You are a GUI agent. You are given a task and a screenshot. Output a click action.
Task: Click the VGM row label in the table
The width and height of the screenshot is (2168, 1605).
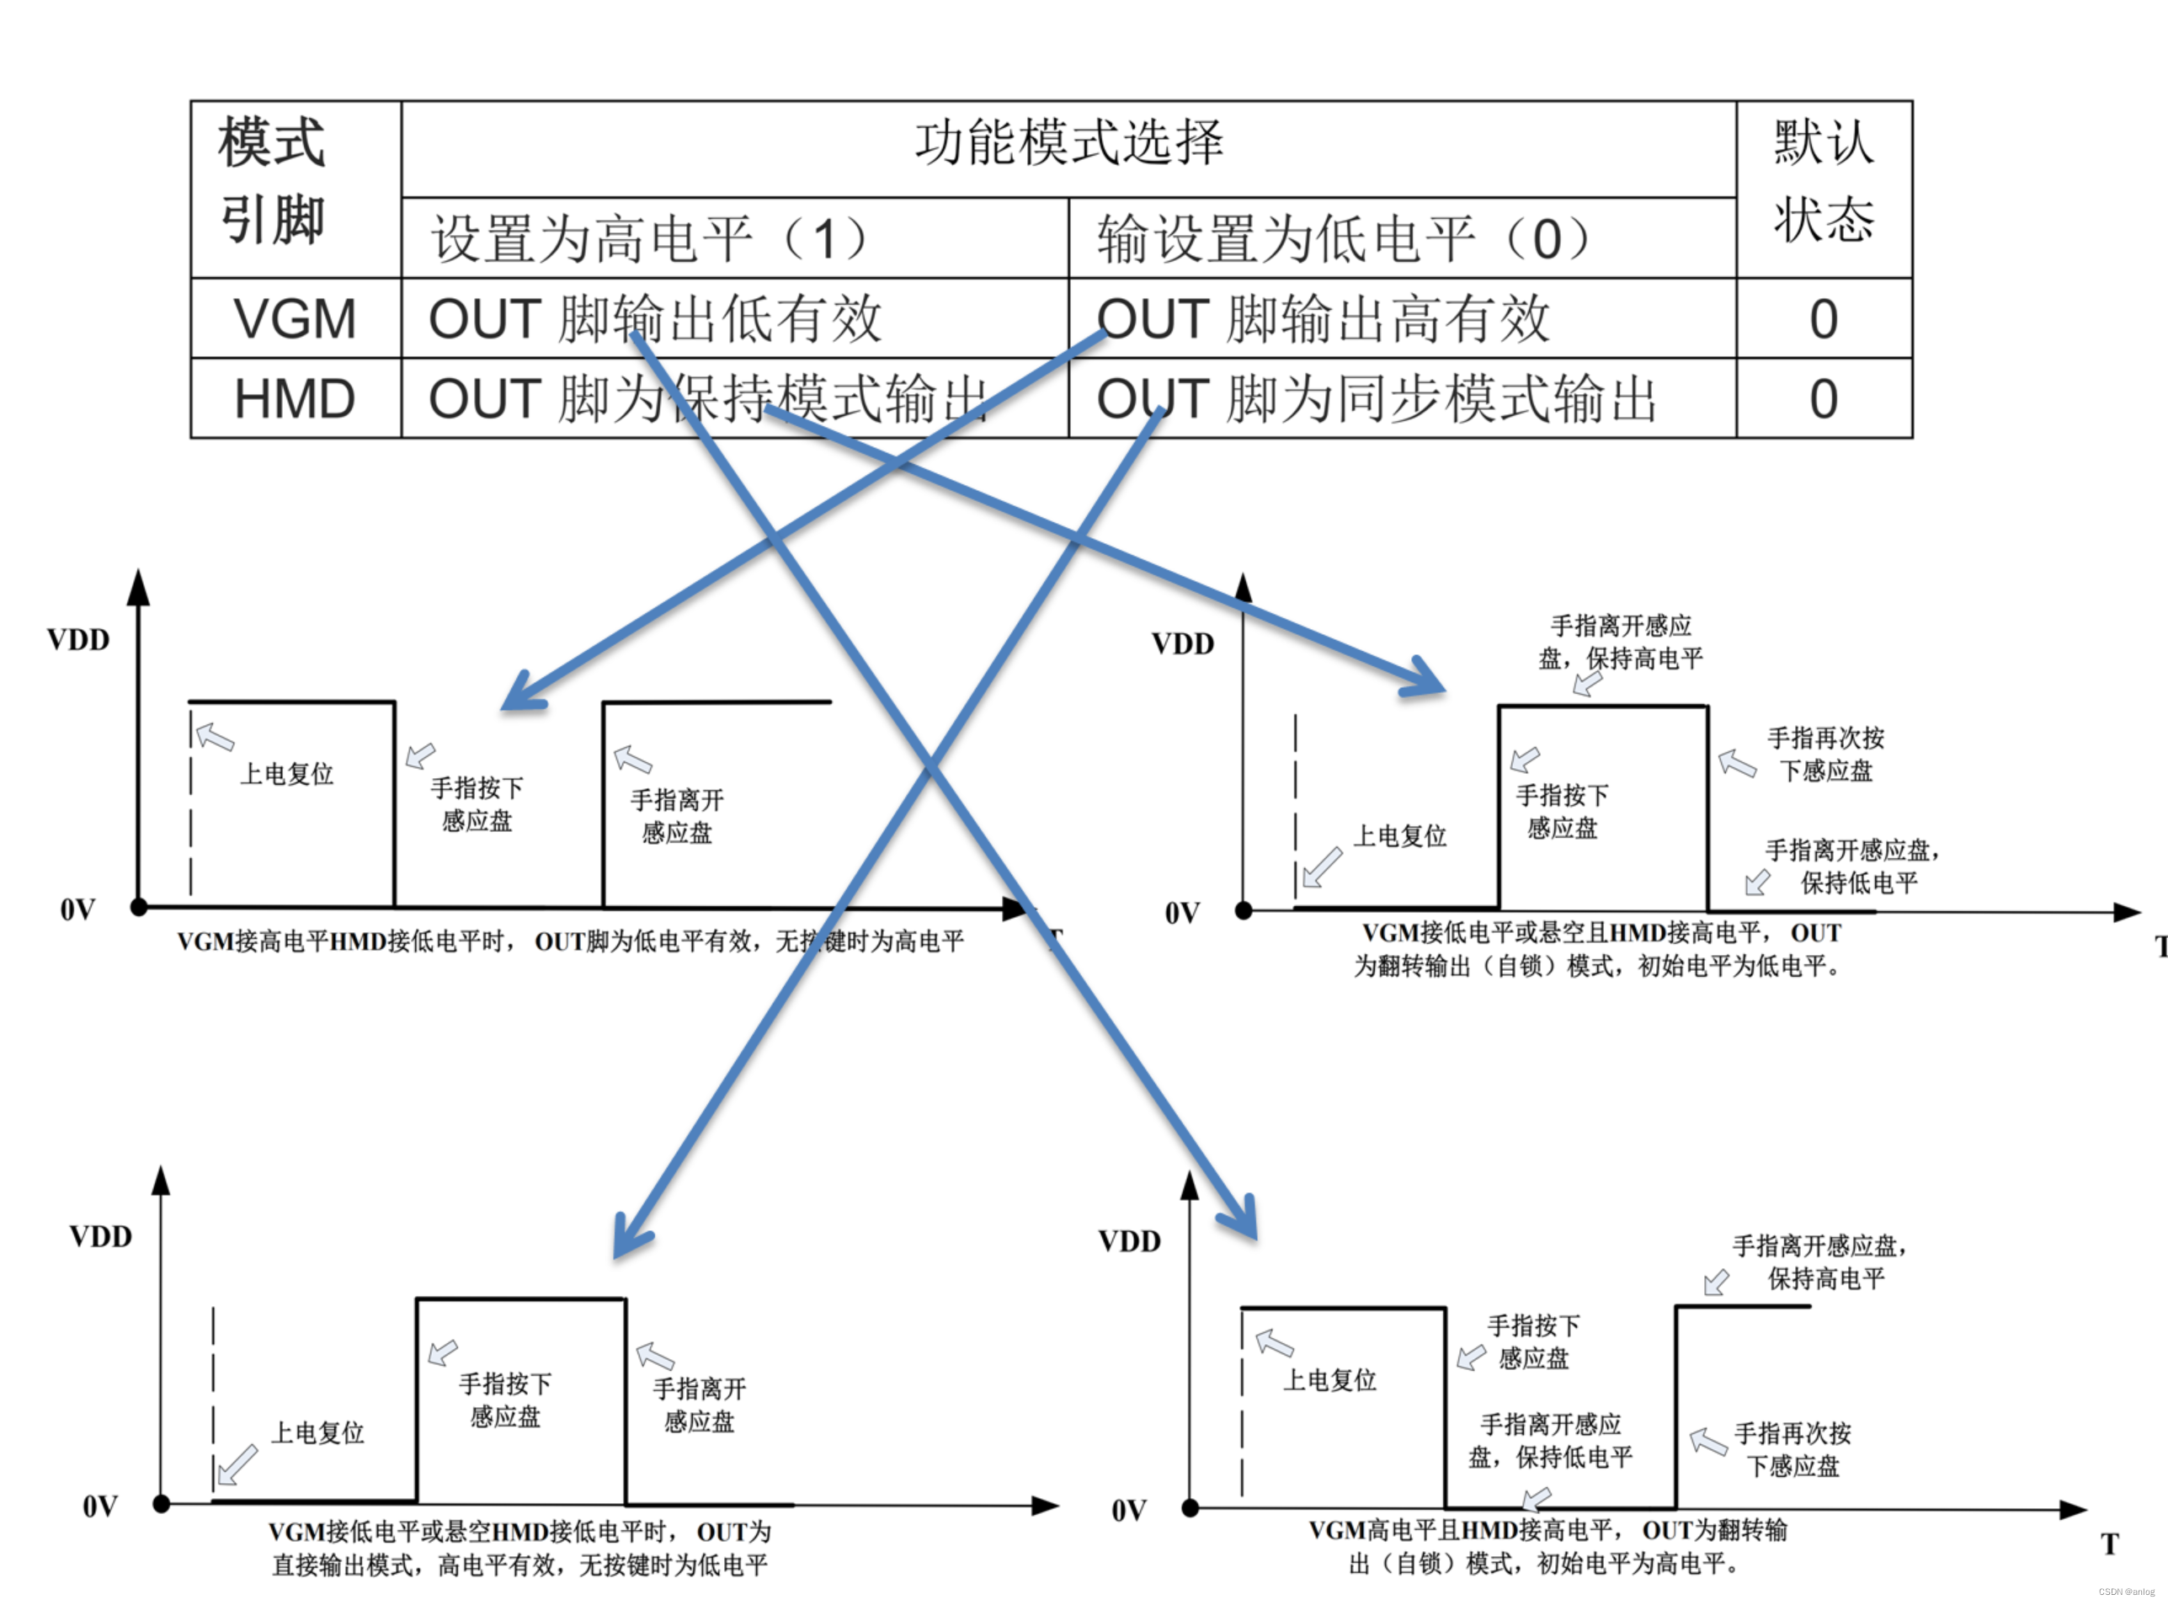click(296, 318)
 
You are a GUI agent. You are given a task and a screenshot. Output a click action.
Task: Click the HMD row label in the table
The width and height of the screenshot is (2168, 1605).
click(296, 398)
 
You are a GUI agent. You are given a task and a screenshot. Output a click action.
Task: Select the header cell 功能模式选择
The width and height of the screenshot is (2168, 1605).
click(1068, 143)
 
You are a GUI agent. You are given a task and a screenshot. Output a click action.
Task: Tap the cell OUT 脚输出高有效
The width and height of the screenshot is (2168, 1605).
click(1323, 318)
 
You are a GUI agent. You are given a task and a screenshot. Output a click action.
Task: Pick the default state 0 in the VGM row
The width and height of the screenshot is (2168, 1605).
click(1823, 318)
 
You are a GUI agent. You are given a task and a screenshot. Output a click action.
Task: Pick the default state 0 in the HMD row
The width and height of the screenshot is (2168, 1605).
click(1823, 398)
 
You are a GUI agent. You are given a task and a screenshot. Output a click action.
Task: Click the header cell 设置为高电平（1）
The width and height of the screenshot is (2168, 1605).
click(649, 239)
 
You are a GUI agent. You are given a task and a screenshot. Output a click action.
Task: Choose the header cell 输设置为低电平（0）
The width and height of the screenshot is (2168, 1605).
click(1342, 239)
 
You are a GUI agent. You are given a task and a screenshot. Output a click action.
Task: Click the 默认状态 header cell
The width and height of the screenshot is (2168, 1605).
click(1823, 181)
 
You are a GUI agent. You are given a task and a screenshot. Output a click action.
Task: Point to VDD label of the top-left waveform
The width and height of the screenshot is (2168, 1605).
click(78, 640)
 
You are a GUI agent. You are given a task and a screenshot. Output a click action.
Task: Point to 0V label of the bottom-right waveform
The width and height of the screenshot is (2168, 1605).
click(1129, 1511)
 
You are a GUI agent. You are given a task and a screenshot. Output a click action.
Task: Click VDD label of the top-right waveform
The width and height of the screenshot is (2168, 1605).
click(1182, 644)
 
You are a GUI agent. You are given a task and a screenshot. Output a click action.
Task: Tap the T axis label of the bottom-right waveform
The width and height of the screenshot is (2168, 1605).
click(2110, 1544)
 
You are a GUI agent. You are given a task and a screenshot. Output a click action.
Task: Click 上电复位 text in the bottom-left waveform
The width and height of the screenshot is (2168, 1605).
click(317, 1433)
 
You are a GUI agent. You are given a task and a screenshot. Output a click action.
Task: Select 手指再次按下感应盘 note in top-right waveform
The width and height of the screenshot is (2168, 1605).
click(1825, 754)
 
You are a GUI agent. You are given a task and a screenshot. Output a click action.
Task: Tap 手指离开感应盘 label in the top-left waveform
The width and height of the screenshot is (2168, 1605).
click(677, 816)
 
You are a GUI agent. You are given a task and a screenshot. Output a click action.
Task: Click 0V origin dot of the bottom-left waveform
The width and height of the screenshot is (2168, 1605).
click(162, 1504)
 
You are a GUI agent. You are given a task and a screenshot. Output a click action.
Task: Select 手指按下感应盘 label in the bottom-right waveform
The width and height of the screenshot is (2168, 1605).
click(1532, 1341)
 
